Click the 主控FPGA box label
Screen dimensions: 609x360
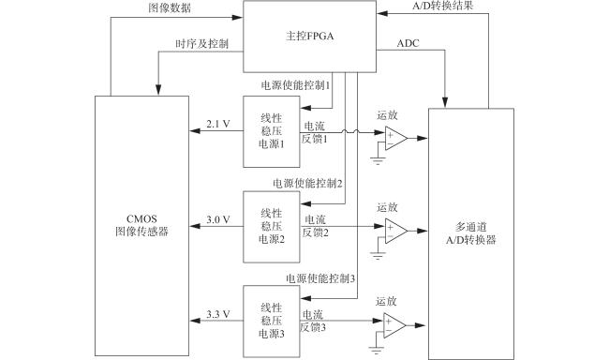(309, 37)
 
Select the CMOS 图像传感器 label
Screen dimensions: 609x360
(141, 226)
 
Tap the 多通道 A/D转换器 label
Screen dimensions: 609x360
(471, 233)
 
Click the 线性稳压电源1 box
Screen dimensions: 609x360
(272, 132)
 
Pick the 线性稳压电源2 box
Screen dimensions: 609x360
(272, 227)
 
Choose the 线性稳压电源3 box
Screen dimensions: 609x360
(272, 322)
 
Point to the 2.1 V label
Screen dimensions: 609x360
(218, 124)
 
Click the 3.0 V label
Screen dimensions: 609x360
(218, 219)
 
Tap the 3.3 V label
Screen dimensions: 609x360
(218, 314)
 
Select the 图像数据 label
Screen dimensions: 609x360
(170, 8)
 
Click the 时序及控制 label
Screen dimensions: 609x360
(202, 43)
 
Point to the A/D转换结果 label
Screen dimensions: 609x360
(443, 6)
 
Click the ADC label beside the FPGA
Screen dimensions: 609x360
(408, 43)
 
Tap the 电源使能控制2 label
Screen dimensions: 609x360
(307, 183)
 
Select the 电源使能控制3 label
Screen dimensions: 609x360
(320, 278)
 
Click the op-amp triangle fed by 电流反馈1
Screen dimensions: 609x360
(395, 139)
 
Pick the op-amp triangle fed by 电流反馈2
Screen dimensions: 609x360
(395, 231)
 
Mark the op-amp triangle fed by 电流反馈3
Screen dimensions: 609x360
(394, 326)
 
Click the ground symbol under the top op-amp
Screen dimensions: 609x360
(378, 161)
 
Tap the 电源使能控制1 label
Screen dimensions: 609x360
(295, 85)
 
